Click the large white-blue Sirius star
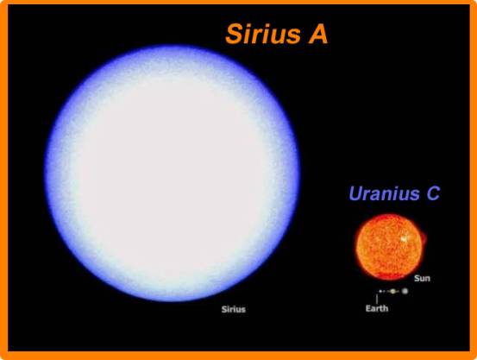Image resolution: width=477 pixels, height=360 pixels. [173, 173]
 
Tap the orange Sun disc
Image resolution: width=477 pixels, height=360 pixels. [389, 247]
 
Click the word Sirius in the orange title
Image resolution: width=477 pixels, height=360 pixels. [263, 35]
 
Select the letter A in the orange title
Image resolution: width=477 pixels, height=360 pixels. [318, 35]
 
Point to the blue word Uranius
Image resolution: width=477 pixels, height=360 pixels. [384, 193]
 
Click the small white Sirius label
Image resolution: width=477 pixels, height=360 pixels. [234, 309]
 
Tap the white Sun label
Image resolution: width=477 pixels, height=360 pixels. [422, 278]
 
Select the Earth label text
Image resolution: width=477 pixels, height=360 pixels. [377, 308]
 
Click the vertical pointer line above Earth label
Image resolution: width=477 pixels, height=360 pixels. [377, 299]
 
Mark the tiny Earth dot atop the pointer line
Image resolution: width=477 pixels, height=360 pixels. [380, 292]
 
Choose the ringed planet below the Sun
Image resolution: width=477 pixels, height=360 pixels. [393, 292]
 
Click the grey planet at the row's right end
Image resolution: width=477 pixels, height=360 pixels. [405, 291]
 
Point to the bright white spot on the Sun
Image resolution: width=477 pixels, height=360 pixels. [404, 239]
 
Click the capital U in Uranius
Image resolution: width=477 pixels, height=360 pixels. [355, 193]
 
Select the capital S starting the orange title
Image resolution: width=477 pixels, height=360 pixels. [234, 35]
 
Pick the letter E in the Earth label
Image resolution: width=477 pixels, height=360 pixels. [367, 308]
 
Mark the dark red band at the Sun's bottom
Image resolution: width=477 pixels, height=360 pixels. [388, 276]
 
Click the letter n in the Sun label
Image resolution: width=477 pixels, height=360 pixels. [428, 279]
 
